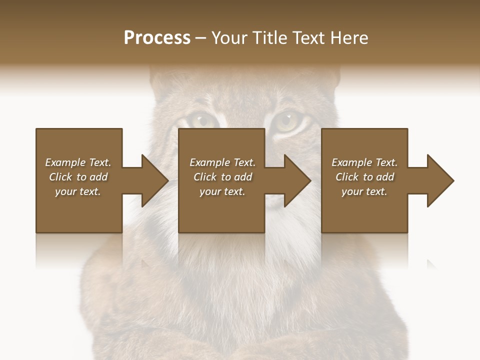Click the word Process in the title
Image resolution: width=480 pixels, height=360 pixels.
(157, 38)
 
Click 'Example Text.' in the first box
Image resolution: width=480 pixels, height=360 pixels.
(78, 162)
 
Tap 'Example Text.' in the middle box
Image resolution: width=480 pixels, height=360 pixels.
(222, 162)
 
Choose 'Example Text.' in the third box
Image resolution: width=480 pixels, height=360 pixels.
(364, 162)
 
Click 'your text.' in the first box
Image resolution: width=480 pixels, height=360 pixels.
(78, 191)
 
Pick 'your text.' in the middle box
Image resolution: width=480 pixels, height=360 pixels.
(222, 191)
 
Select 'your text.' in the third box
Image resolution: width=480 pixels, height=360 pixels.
(364, 191)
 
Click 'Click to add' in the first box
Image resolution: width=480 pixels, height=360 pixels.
(78, 177)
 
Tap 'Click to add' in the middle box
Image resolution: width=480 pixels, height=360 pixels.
(222, 177)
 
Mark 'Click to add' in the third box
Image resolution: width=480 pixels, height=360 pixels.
(364, 177)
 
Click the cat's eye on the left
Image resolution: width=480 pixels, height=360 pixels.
(202, 120)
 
